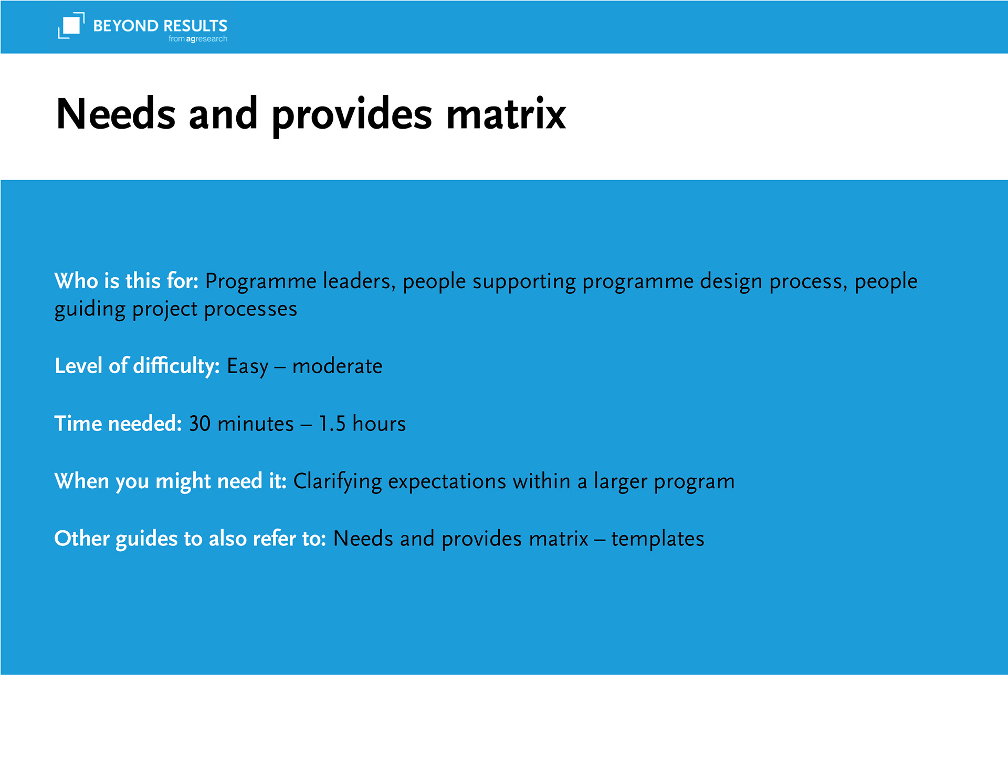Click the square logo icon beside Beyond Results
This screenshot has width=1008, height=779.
(x=71, y=25)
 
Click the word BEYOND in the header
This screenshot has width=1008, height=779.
(x=125, y=26)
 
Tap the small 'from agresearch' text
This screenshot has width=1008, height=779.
(x=198, y=39)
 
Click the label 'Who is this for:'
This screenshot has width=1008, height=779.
(x=127, y=281)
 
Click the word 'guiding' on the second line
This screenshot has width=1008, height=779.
(x=90, y=309)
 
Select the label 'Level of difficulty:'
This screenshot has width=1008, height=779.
(x=137, y=365)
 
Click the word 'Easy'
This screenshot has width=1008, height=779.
(x=247, y=366)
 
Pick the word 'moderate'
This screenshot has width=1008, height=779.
(x=337, y=366)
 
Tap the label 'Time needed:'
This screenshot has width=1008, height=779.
(x=118, y=423)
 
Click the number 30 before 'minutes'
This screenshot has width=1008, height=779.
(x=199, y=424)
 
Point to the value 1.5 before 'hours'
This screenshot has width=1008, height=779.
(x=332, y=424)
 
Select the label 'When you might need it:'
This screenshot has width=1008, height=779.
(x=170, y=481)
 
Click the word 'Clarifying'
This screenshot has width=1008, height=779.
(x=338, y=481)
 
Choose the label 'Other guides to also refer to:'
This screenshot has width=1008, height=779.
(x=190, y=539)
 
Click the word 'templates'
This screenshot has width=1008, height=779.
(x=657, y=539)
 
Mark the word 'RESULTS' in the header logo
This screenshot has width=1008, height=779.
(x=195, y=26)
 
